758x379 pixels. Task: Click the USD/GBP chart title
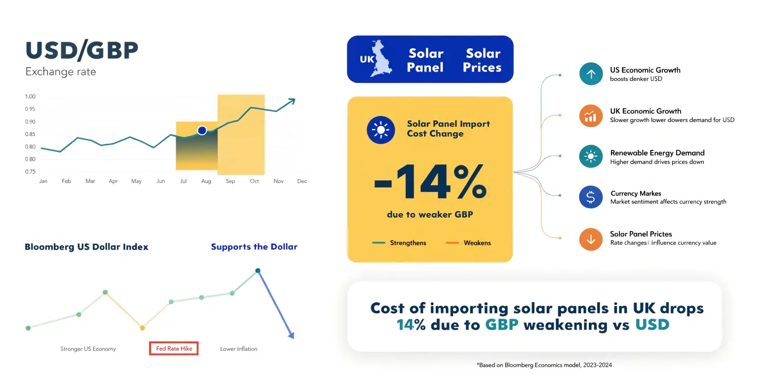(x=82, y=51)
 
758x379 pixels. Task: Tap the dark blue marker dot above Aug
(x=202, y=130)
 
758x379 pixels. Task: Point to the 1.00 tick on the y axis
(x=30, y=97)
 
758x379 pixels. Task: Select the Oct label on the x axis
(x=254, y=182)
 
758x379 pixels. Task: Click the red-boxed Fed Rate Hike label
(x=174, y=348)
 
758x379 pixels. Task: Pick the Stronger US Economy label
(x=88, y=349)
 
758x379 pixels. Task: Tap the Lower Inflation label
(x=238, y=349)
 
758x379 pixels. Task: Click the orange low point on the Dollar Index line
(x=142, y=328)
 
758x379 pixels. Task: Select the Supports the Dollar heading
(x=254, y=247)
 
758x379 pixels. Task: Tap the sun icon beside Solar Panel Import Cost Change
(x=380, y=130)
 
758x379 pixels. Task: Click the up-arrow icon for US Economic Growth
(x=591, y=75)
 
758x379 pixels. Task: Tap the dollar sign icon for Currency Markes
(x=591, y=197)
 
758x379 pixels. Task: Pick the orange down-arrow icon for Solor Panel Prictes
(x=591, y=239)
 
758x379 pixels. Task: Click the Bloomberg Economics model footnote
(x=544, y=365)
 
